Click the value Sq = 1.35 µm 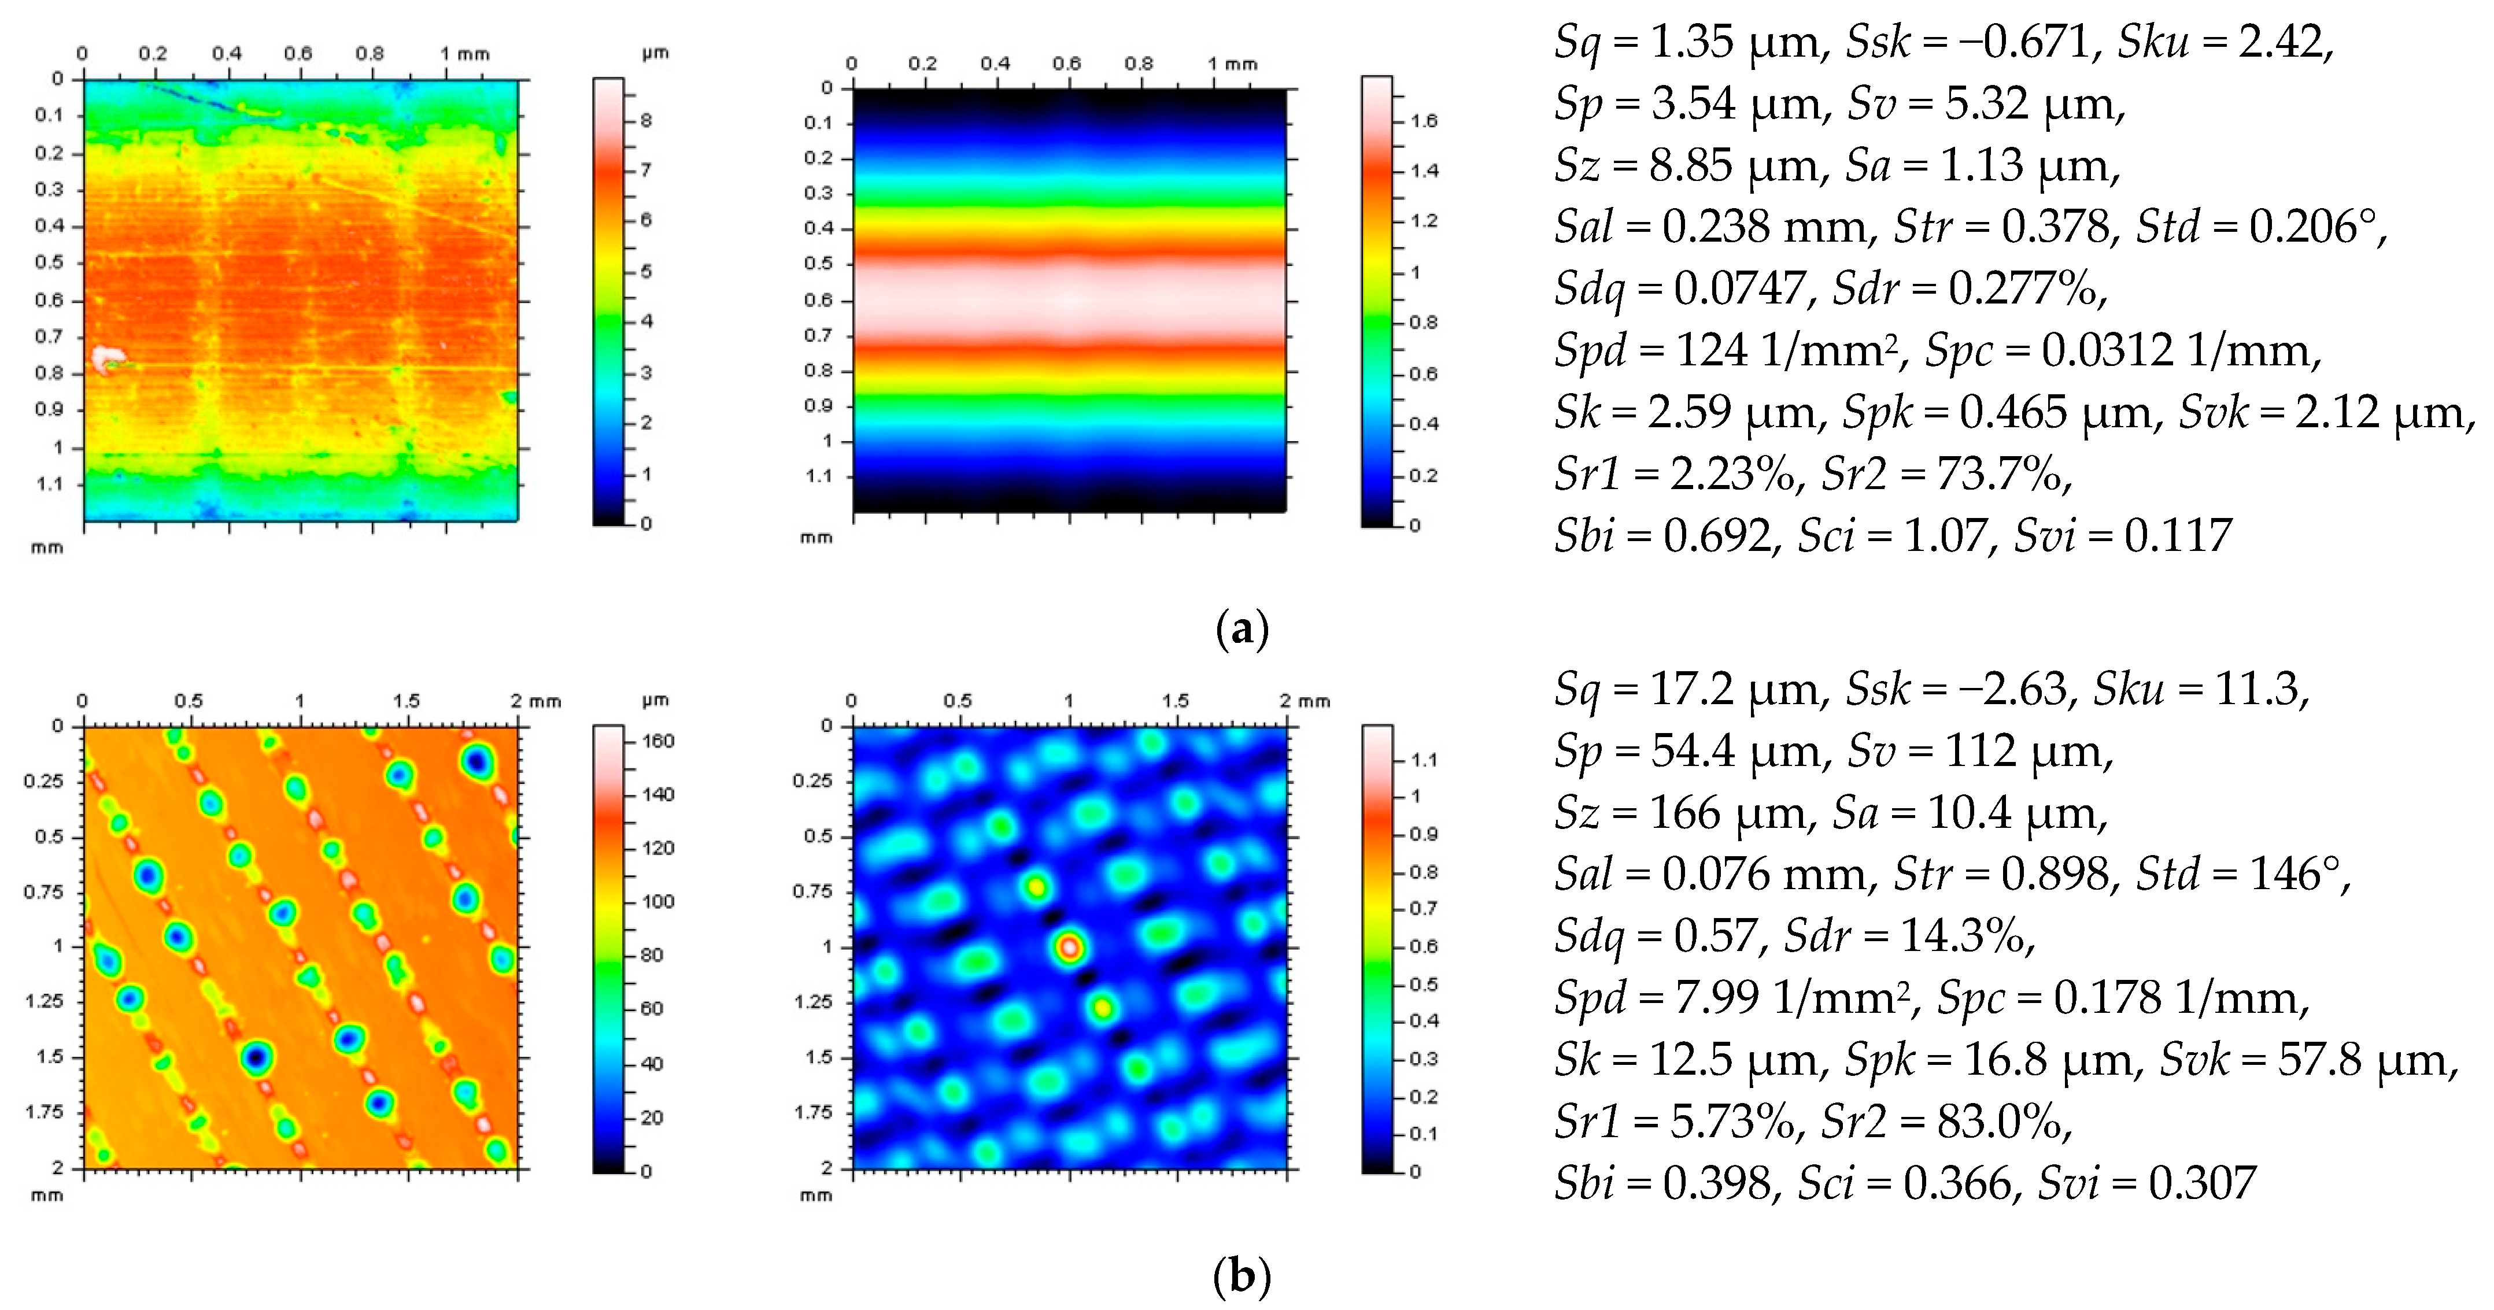pyautogui.click(x=1690, y=43)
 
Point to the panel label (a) pyautogui.click(x=1241, y=630)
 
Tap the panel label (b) pyautogui.click(x=1241, y=1277)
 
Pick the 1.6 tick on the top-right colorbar pyautogui.click(x=1423, y=121)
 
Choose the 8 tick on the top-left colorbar pyautogui.click(x=646, y=121)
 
